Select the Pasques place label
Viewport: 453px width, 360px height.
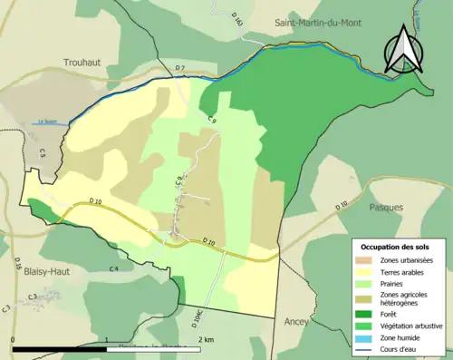[x=386, y=207]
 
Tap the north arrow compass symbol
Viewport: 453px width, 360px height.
[x=401, y=52]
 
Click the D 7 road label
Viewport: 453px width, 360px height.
[x=179, y=69]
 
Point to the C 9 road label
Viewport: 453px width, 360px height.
[x=211, y=120]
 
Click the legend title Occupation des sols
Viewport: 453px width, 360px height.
[x=397, y=247]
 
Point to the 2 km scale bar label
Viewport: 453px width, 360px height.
[x=207, y=339]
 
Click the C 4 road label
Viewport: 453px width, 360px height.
[x=114, y=269]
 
